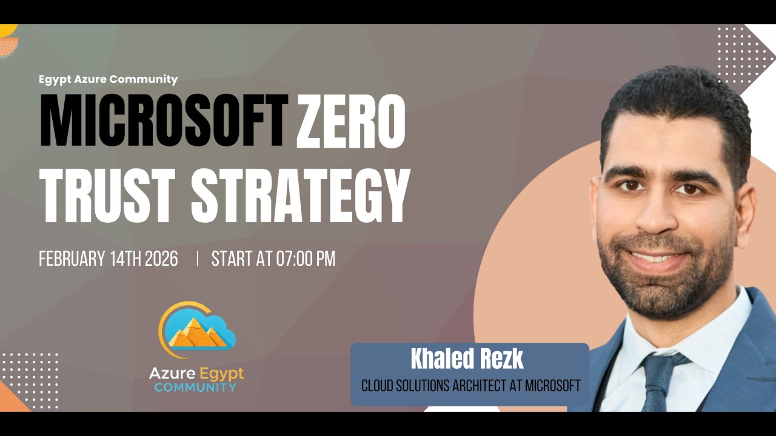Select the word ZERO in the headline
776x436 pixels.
pyautogui.click(x=350, y=121)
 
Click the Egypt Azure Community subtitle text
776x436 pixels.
pyautogui.click(x=108, y=79)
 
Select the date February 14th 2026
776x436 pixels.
pyautogui.click(x=109, y=259)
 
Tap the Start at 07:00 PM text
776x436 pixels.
pyautogui.click(x=273, y=259)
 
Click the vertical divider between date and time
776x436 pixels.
pyautogui.click(x=197, y=259)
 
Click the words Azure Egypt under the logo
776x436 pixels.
pyautogui.click(x=196, y=372)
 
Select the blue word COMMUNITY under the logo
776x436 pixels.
pyautogui.click(x=195, y=387)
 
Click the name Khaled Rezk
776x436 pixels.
pyautogui.click(x=467, y=360)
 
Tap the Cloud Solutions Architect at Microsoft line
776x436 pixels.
pyautogui.click(x=471, y=386)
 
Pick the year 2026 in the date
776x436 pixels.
pyautogui.click(x=161, y=259)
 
